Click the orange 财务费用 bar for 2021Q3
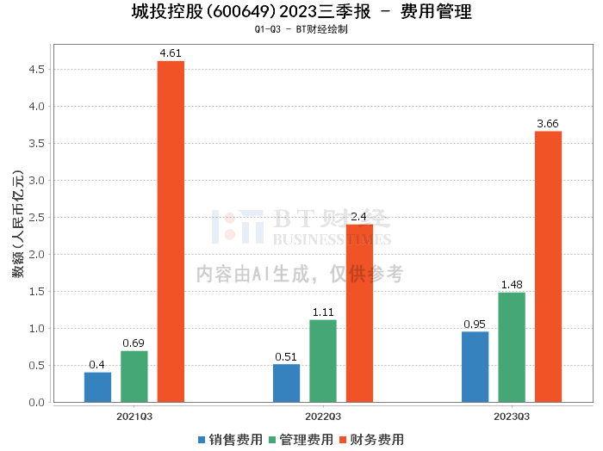tap(171, 232)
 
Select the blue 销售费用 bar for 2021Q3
tap(97, 387)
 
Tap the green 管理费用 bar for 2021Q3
tap(134, 377)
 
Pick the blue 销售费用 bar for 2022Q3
tap(286, 383)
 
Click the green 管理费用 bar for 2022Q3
tap(323, 361)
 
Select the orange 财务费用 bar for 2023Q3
tap(548, 267)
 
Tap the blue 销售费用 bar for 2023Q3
tap(475, 367)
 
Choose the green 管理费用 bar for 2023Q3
tap(512, 347)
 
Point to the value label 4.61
tap(171, 53)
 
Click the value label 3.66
tap(548, 124)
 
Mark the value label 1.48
tap(512, 285)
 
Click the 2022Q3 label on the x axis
tap(323, 415)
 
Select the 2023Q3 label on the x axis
tap(512, 415)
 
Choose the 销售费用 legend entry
tap(230, 439)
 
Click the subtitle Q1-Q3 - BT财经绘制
tap(301, 29)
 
